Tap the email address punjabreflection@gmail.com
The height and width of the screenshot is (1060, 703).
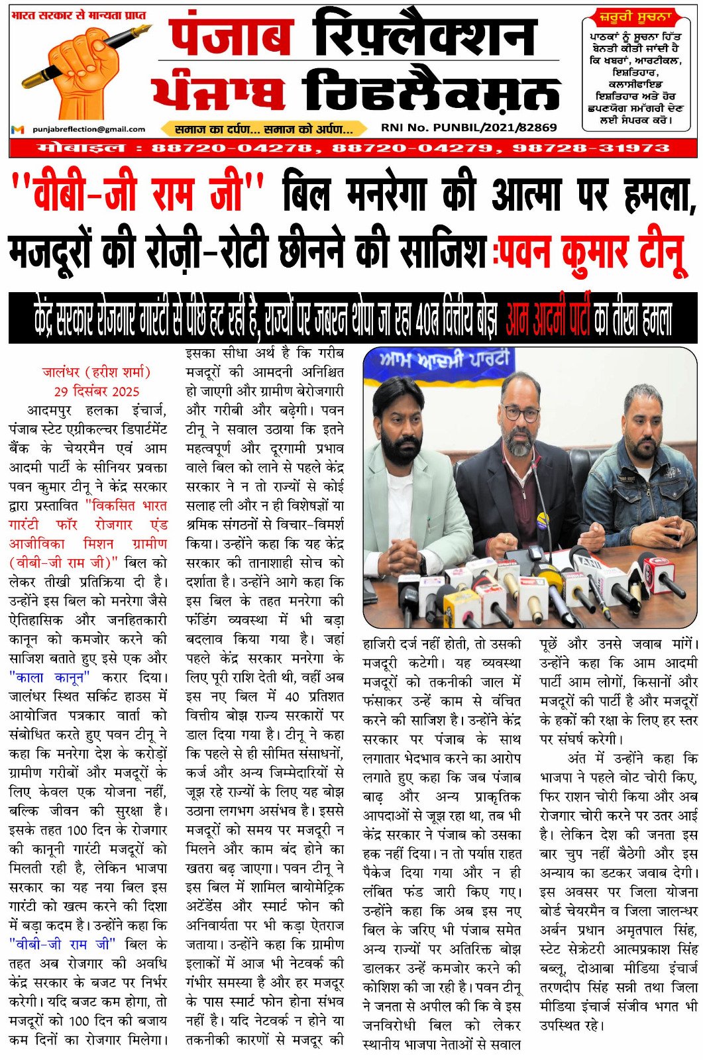point(89,129)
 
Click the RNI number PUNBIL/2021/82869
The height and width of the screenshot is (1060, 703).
point(468,127)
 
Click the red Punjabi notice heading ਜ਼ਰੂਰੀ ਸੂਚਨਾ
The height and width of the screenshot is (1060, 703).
point(635,17)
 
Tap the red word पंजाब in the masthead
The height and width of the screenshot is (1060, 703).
point(232,38)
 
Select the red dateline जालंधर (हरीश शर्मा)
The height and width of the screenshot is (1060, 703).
point(97,372)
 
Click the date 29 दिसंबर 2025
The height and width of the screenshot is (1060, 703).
point(97,391)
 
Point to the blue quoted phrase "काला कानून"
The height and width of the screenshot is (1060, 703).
point(50,677)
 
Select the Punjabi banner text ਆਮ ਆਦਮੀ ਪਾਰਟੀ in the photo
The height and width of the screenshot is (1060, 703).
point(445,362)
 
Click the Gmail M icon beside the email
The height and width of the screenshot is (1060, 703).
point(18,129)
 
